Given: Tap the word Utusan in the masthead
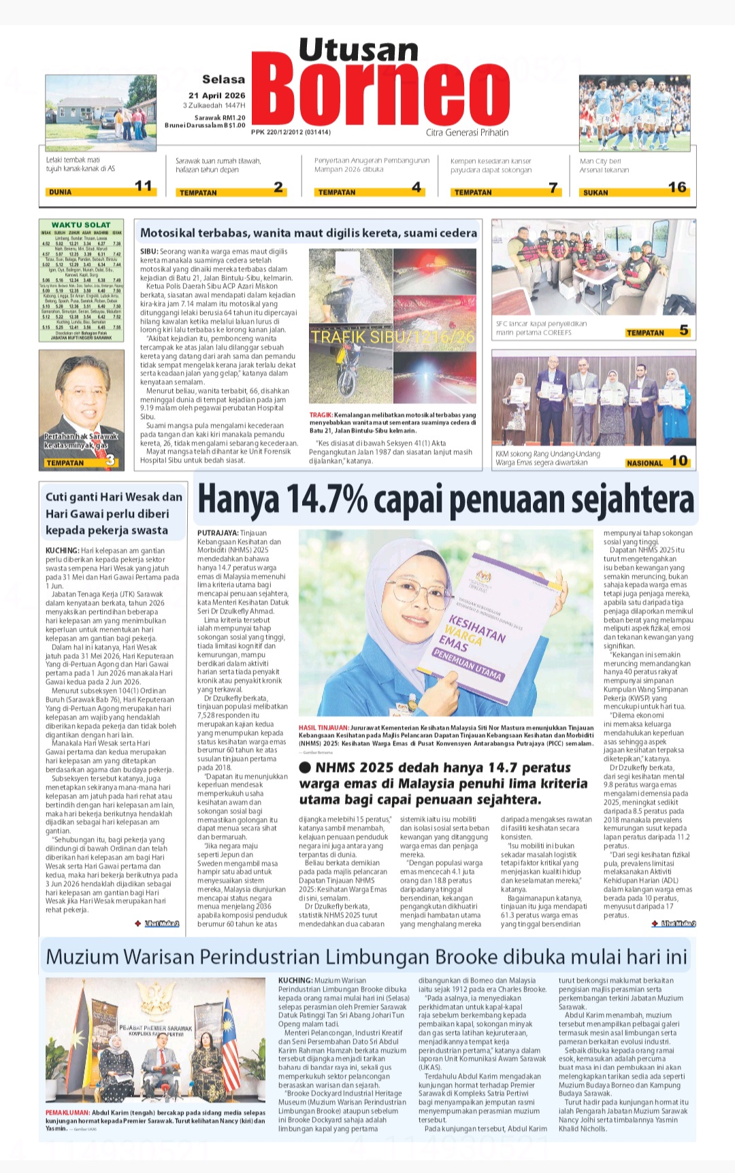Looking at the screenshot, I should coord(359,50).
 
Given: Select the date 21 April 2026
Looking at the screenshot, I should coord(217,95).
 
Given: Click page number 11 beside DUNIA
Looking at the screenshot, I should coord(144,186).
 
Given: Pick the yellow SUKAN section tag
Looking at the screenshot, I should coord(595,192).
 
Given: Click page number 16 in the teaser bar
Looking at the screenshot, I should coord(676,187).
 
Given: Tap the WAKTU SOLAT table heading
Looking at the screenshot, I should coord(81,225).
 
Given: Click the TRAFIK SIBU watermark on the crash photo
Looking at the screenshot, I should coord(393,337).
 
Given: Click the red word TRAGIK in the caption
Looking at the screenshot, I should coord(321,415).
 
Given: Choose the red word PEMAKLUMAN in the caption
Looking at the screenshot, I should coord(67,1113).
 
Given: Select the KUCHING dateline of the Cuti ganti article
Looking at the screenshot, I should coord(62,551).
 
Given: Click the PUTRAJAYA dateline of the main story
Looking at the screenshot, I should coord(217,533).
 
